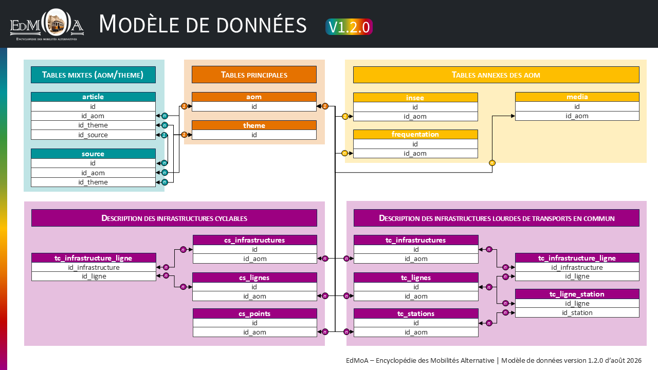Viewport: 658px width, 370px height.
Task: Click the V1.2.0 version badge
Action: click(x=349, y=27)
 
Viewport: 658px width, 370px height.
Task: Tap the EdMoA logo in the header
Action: click(x=47, y=25)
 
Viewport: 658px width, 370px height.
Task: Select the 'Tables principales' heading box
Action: click(x=254, y=75)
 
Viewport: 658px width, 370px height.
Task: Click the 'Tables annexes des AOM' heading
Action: click(x=496, y=75)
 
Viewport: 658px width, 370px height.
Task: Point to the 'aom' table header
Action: click(x=254, y=97)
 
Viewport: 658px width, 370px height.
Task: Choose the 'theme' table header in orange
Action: click(x=254, y=125)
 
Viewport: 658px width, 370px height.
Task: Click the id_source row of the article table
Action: click(x=93, y=135)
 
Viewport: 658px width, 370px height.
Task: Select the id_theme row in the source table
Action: click(x=93, y=182)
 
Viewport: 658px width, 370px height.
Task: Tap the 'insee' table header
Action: click(x=415, y=98)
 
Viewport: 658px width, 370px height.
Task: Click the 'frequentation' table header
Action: click(x=415, y=134)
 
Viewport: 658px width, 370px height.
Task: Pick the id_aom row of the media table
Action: click(x=577, y=116)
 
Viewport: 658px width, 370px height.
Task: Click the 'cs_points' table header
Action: click(x=254, y=313)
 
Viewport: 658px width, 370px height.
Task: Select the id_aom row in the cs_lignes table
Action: click(x=254, y=296)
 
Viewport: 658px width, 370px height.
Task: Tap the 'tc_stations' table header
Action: click(x=416, y=313)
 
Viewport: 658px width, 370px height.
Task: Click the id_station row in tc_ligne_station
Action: click(x=577, y=312)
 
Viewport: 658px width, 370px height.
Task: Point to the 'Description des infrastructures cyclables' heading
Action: click(x=174, y=218)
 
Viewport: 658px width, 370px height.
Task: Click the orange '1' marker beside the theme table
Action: click(x=184, y=135)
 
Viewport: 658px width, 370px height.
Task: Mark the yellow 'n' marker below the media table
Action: click(x=492, y=163)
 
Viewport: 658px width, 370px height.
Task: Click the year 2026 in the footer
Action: click(x=634, y=360)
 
